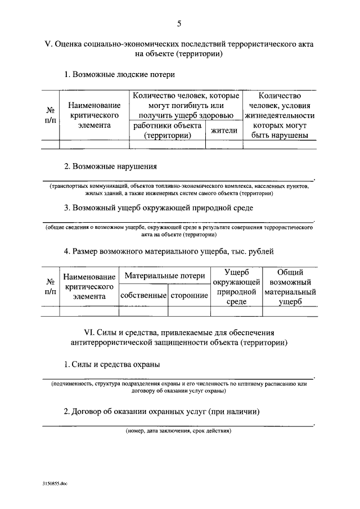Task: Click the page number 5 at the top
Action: [x=179, y=24]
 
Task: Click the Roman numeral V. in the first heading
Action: [x=47, y=44]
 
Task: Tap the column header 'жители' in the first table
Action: [x=224, y=130]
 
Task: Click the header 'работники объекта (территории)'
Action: [x=166, y=130]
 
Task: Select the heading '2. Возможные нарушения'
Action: [x=110, y=166]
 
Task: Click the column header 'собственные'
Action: [x=143, y=295]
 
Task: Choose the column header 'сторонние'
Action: [x=189, y=295]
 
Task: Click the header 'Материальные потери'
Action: [x=165, y=276]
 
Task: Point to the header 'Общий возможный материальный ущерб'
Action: [x=290, y=287]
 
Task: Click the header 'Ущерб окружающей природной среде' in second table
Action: [x=236, y=287]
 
